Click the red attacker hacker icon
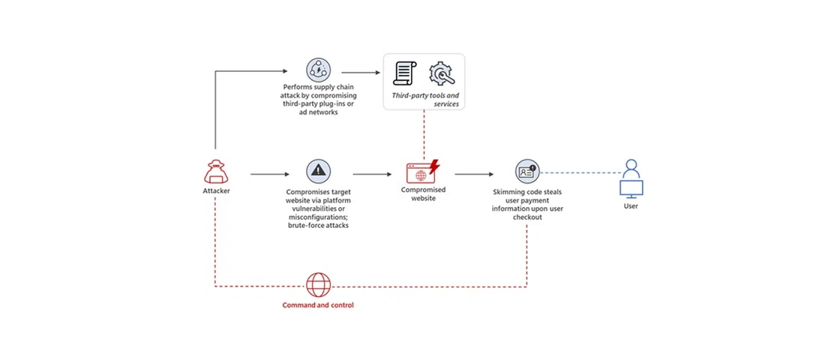(216, 172)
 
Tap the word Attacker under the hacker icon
(216, 190)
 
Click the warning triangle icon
(318, 171)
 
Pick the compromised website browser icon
(420, 173)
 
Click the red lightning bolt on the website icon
(433, 166)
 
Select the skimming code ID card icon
(526, 172)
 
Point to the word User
(631, 205)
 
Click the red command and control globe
(318, 285)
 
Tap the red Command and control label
(318, 305)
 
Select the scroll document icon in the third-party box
(405, 73)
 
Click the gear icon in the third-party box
(442, 73)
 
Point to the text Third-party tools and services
(425, 100)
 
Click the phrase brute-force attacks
(318, 225)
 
